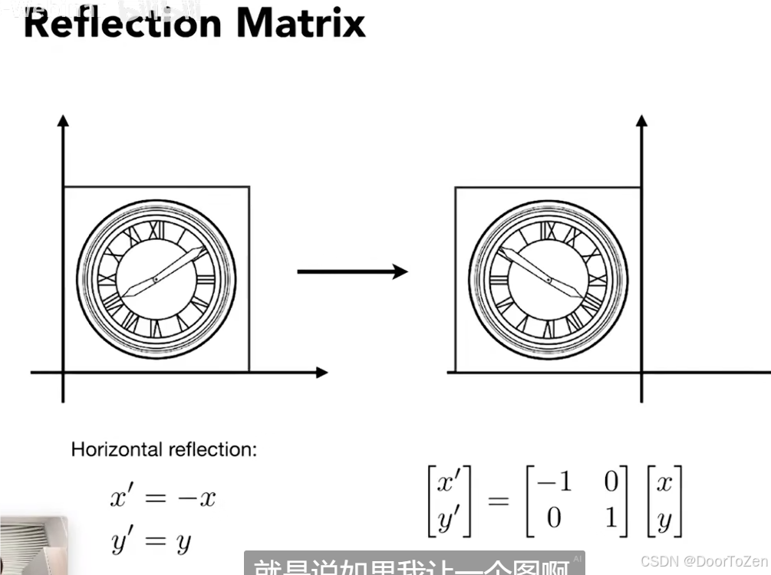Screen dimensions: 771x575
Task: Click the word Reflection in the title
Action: click(x=124, y=23)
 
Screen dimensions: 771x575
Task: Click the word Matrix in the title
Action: click(x=301, y=23)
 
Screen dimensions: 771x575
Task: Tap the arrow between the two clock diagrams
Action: click(x=352, y=271)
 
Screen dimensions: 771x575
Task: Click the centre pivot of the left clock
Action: click(x=156, y=280)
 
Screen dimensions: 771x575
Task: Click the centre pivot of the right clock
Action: click(x=549, y=280)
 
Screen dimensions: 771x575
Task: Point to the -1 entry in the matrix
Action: click(x=555, y=482)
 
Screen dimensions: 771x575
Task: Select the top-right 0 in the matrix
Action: click(x=611, y=482)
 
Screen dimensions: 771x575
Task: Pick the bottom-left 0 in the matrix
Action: click(x=555, y=519)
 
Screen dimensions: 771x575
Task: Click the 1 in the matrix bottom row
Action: click(x=611, y=519)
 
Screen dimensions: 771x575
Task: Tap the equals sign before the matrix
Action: click(x=498, y=501)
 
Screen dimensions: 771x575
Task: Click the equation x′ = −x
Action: click(x=163, y=498)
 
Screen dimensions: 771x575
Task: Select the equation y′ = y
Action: click(x=152, y=542)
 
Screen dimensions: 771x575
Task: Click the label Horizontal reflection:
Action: click(x=164, y=449)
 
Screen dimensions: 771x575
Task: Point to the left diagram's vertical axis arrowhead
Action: click(x=64, y=120)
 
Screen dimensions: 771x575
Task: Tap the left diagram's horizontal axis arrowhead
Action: click(x=321, y=373)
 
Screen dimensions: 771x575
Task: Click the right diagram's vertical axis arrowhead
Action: click(x=642, y=120)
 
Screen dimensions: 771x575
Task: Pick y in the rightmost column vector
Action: click(x=664, y=521)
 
